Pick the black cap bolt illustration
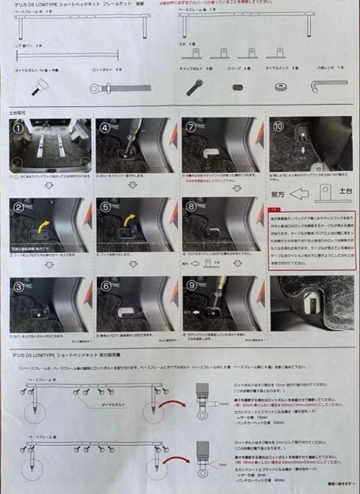(x=194, y=86)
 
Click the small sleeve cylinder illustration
(x=237, y=87)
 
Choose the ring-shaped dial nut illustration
(x=281, y=86)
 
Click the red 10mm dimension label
(x=224, y=404)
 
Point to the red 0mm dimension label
(x=223, y=464)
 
